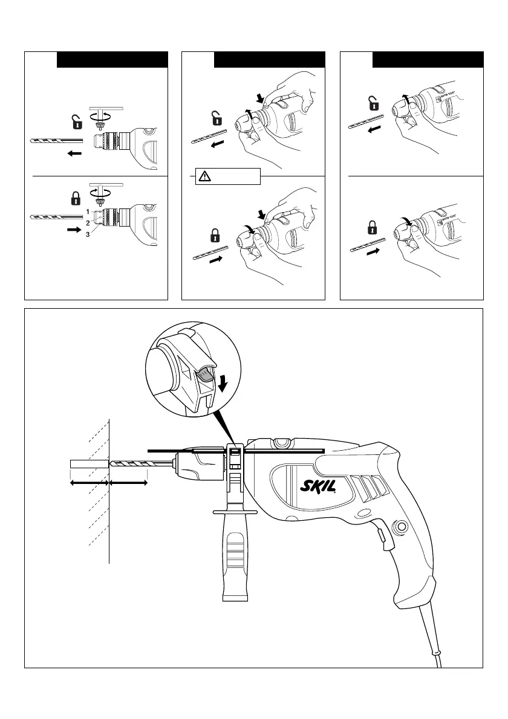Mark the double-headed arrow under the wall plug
tap(90, 483)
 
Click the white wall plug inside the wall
tap(90, 464)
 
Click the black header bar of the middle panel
tap(270, 59)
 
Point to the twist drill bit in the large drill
tap(139, 464)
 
